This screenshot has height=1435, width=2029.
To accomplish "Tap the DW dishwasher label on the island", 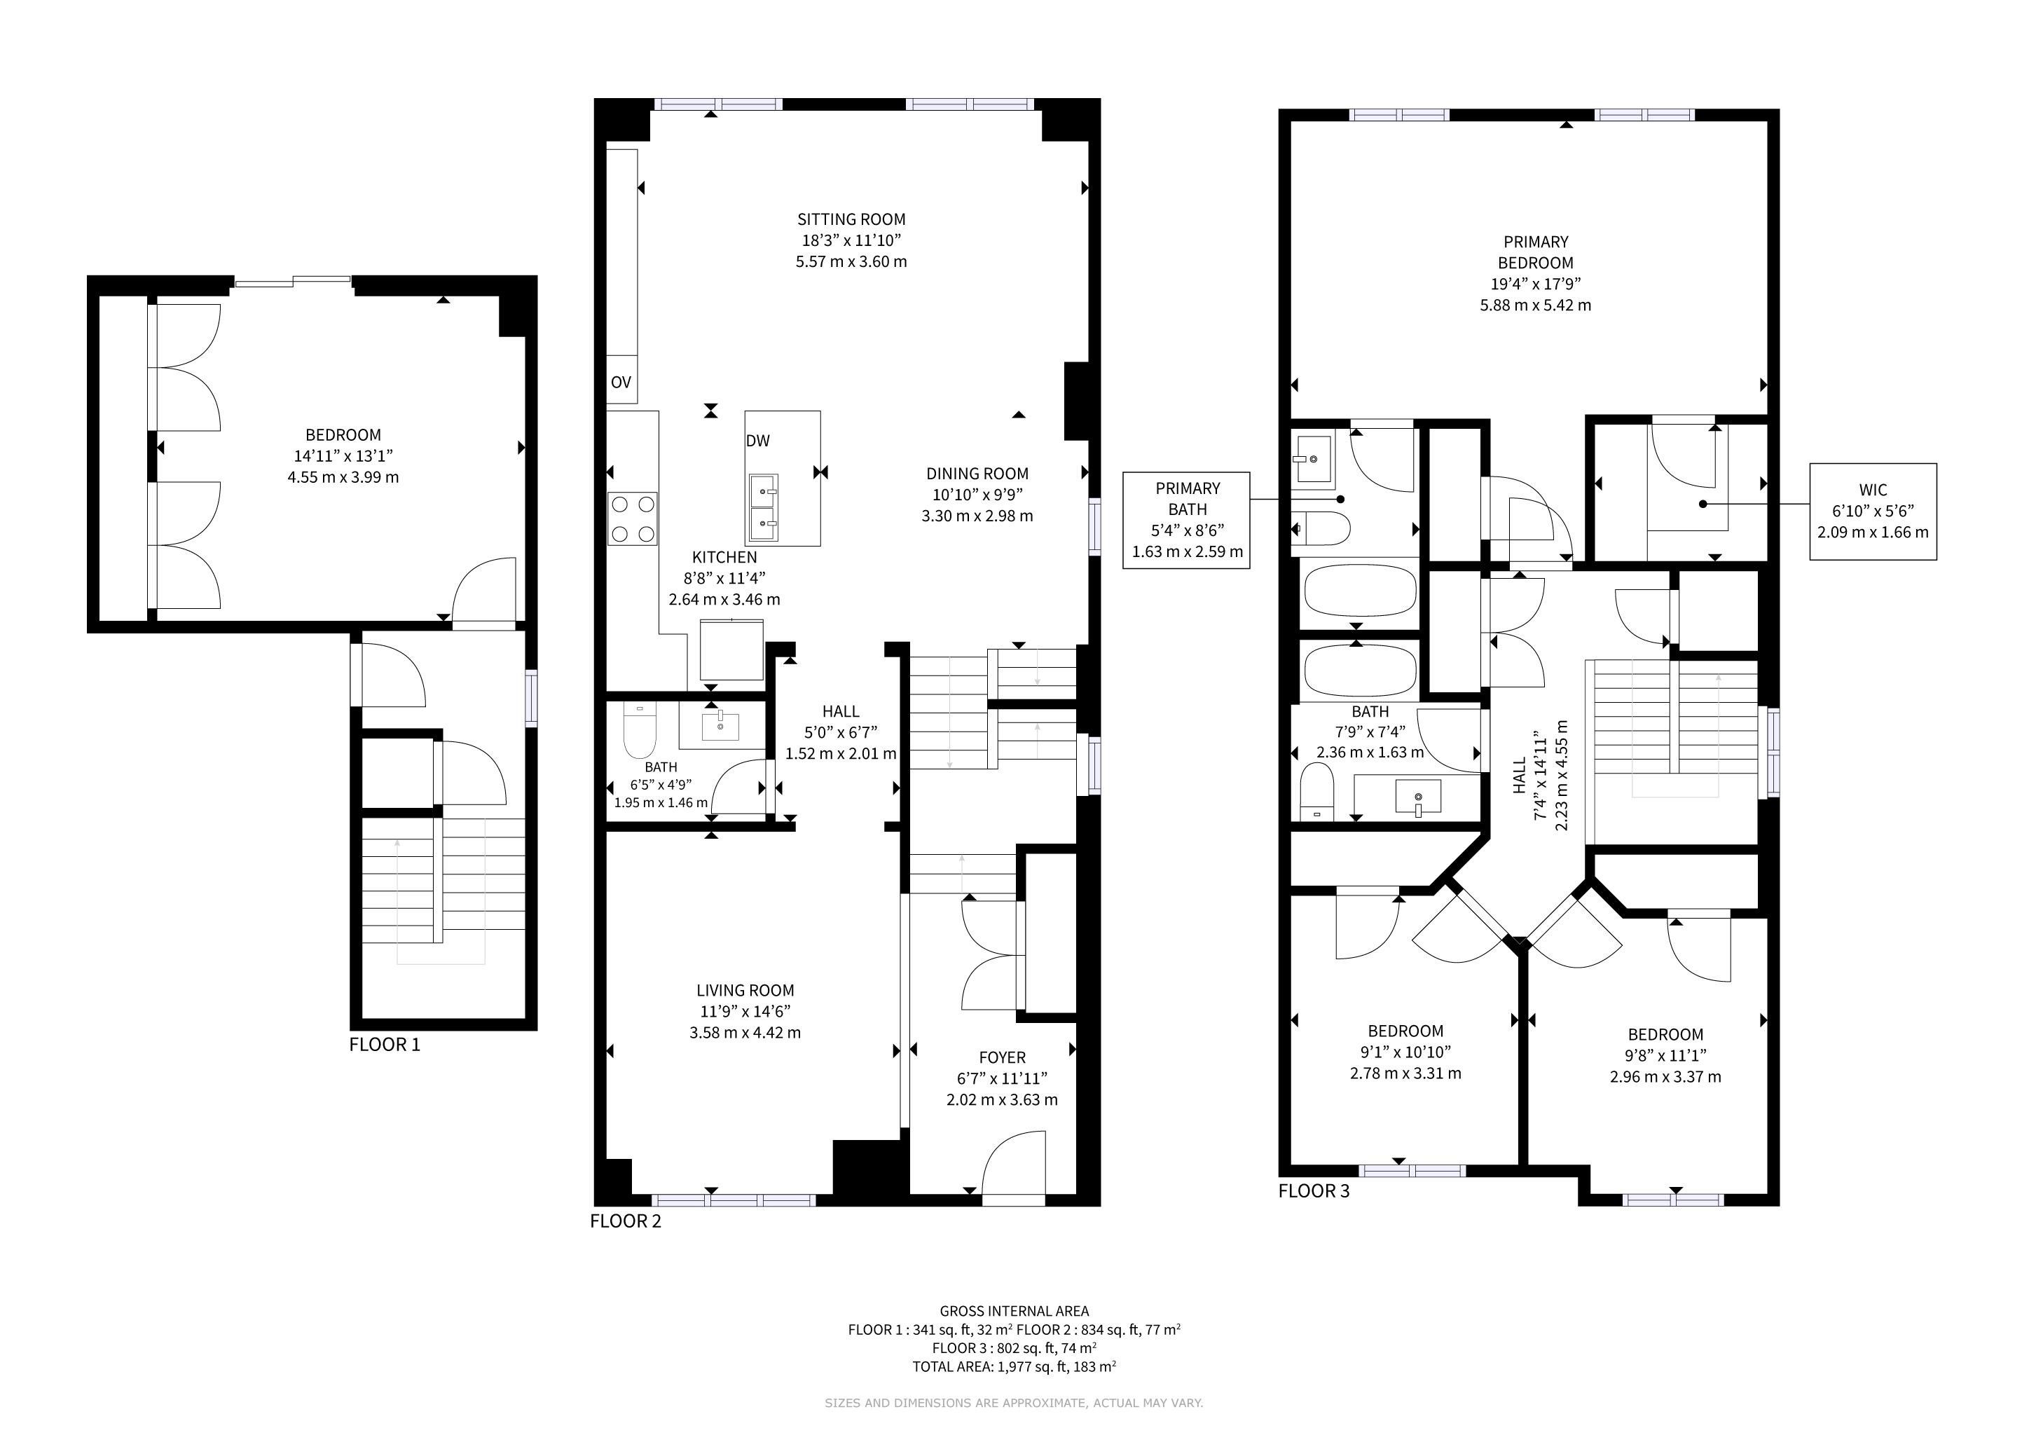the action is click(x=757, y=441).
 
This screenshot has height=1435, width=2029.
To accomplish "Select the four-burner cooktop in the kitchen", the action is click(x=633, y=519).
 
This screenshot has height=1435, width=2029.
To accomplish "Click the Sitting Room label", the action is click(x=851, y=219).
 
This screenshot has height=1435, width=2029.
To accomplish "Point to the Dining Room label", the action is click(x=977, y=474).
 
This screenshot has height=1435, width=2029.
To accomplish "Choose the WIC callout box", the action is click(x=1873, y=511).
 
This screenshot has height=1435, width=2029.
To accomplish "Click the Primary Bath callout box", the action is click(x=1187, y=520).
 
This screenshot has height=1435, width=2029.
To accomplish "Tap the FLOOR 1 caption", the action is click(x=385, y=1045).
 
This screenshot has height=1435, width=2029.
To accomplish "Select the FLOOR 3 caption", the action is click(x=1314, y=1191).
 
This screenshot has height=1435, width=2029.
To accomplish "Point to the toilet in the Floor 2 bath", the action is click(x=640, y=731).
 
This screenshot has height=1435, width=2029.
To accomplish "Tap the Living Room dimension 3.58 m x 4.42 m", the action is click(x=745, y=1032).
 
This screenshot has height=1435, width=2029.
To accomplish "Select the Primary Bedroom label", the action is click(x=1536, y=252).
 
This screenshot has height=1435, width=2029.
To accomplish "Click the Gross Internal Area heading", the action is click(x=1014, y=1311).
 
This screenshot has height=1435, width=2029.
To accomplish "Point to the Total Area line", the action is click(x=1014, y=1367).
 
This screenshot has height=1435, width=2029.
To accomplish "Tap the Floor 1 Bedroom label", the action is click(x=343, y=434).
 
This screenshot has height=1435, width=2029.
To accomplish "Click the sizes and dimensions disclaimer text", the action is click(x=1014, y=1402).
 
